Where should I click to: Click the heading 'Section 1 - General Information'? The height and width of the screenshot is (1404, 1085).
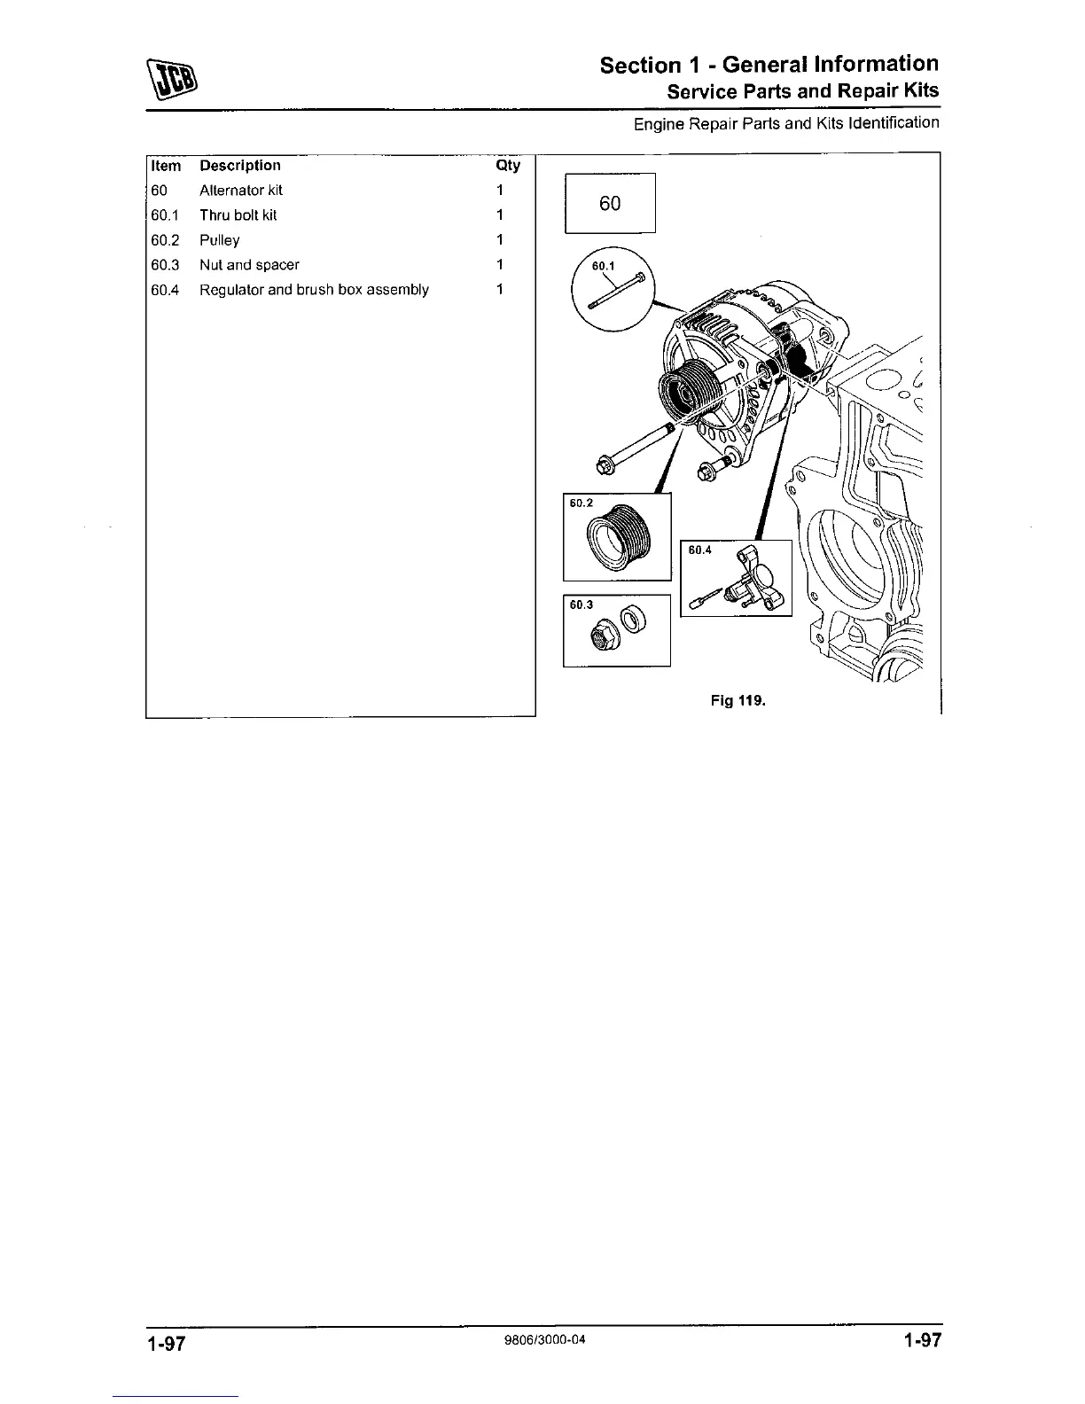coord(769,65)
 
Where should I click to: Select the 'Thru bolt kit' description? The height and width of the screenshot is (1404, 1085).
coord(238,215)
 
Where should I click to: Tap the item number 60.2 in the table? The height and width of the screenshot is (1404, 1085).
coord(165,240)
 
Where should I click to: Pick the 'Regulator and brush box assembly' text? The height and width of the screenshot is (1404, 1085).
coord(314,290)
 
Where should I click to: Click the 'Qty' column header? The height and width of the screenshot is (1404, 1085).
coord(508,166)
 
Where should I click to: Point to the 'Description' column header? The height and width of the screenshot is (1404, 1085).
coord(240,166)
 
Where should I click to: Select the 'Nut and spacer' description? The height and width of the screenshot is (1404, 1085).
coord(249,265)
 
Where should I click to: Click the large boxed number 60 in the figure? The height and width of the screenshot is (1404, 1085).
coord(610,204)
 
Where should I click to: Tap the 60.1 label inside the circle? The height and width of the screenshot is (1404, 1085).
coord(603,266)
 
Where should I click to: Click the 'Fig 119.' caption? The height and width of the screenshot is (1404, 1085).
coord(738,701)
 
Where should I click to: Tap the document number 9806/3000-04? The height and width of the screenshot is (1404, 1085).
coord(542,1339)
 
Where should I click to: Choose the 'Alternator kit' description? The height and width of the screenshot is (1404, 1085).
coord(241,191)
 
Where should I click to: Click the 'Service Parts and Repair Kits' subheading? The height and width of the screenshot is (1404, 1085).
coord(802,91)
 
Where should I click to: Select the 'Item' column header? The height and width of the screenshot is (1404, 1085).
coord(166,166)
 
